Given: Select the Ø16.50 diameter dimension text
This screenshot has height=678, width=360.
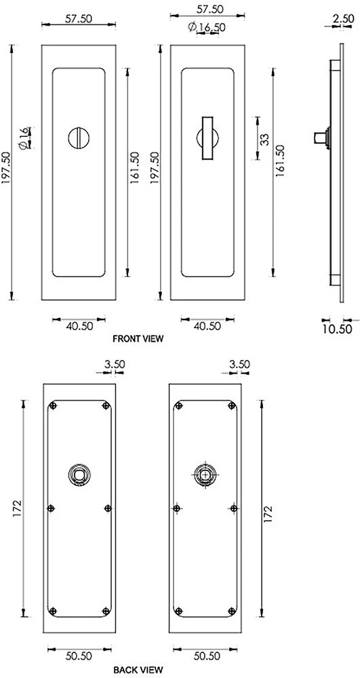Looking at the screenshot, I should coord(207,26).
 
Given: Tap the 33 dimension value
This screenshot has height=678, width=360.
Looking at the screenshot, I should coord(264,139).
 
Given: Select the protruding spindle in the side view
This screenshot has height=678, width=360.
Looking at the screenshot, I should coord(319,138).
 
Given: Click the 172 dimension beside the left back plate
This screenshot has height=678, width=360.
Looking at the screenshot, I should coord(17,507).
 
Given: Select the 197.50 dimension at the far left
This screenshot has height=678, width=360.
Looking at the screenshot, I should coord(7,169).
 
